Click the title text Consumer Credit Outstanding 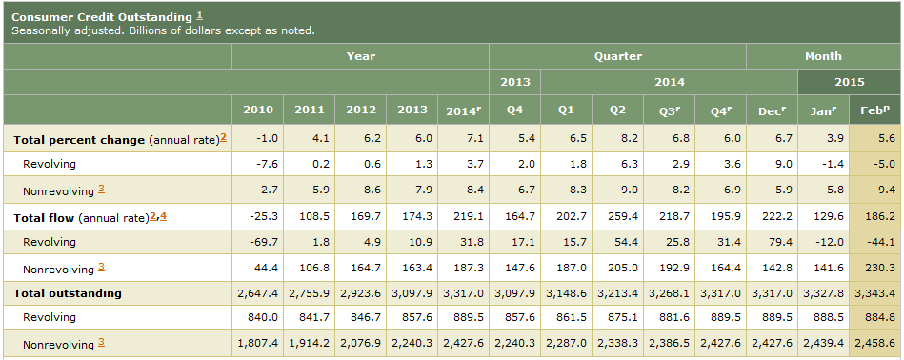(x=102, y=17)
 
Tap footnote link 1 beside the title (x=199, y=15)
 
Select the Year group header (x=361, y=56)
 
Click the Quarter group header (x=618, y=56)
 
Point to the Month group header (x=823, y=56)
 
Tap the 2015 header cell (x=850, y=82)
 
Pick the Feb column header (x=874, y=110)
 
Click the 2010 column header (x=258, y=110)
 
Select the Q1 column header (x=566, y=110)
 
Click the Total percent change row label (x=79, y=140)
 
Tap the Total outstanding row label (x=68, y=293)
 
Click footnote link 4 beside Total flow (x=163, y=216)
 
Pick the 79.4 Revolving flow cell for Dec (x=780, y=242)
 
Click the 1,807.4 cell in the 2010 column (x=258, y=343)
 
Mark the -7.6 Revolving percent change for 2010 (x=267, y=164)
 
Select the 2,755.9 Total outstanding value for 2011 (x=309, y=293)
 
